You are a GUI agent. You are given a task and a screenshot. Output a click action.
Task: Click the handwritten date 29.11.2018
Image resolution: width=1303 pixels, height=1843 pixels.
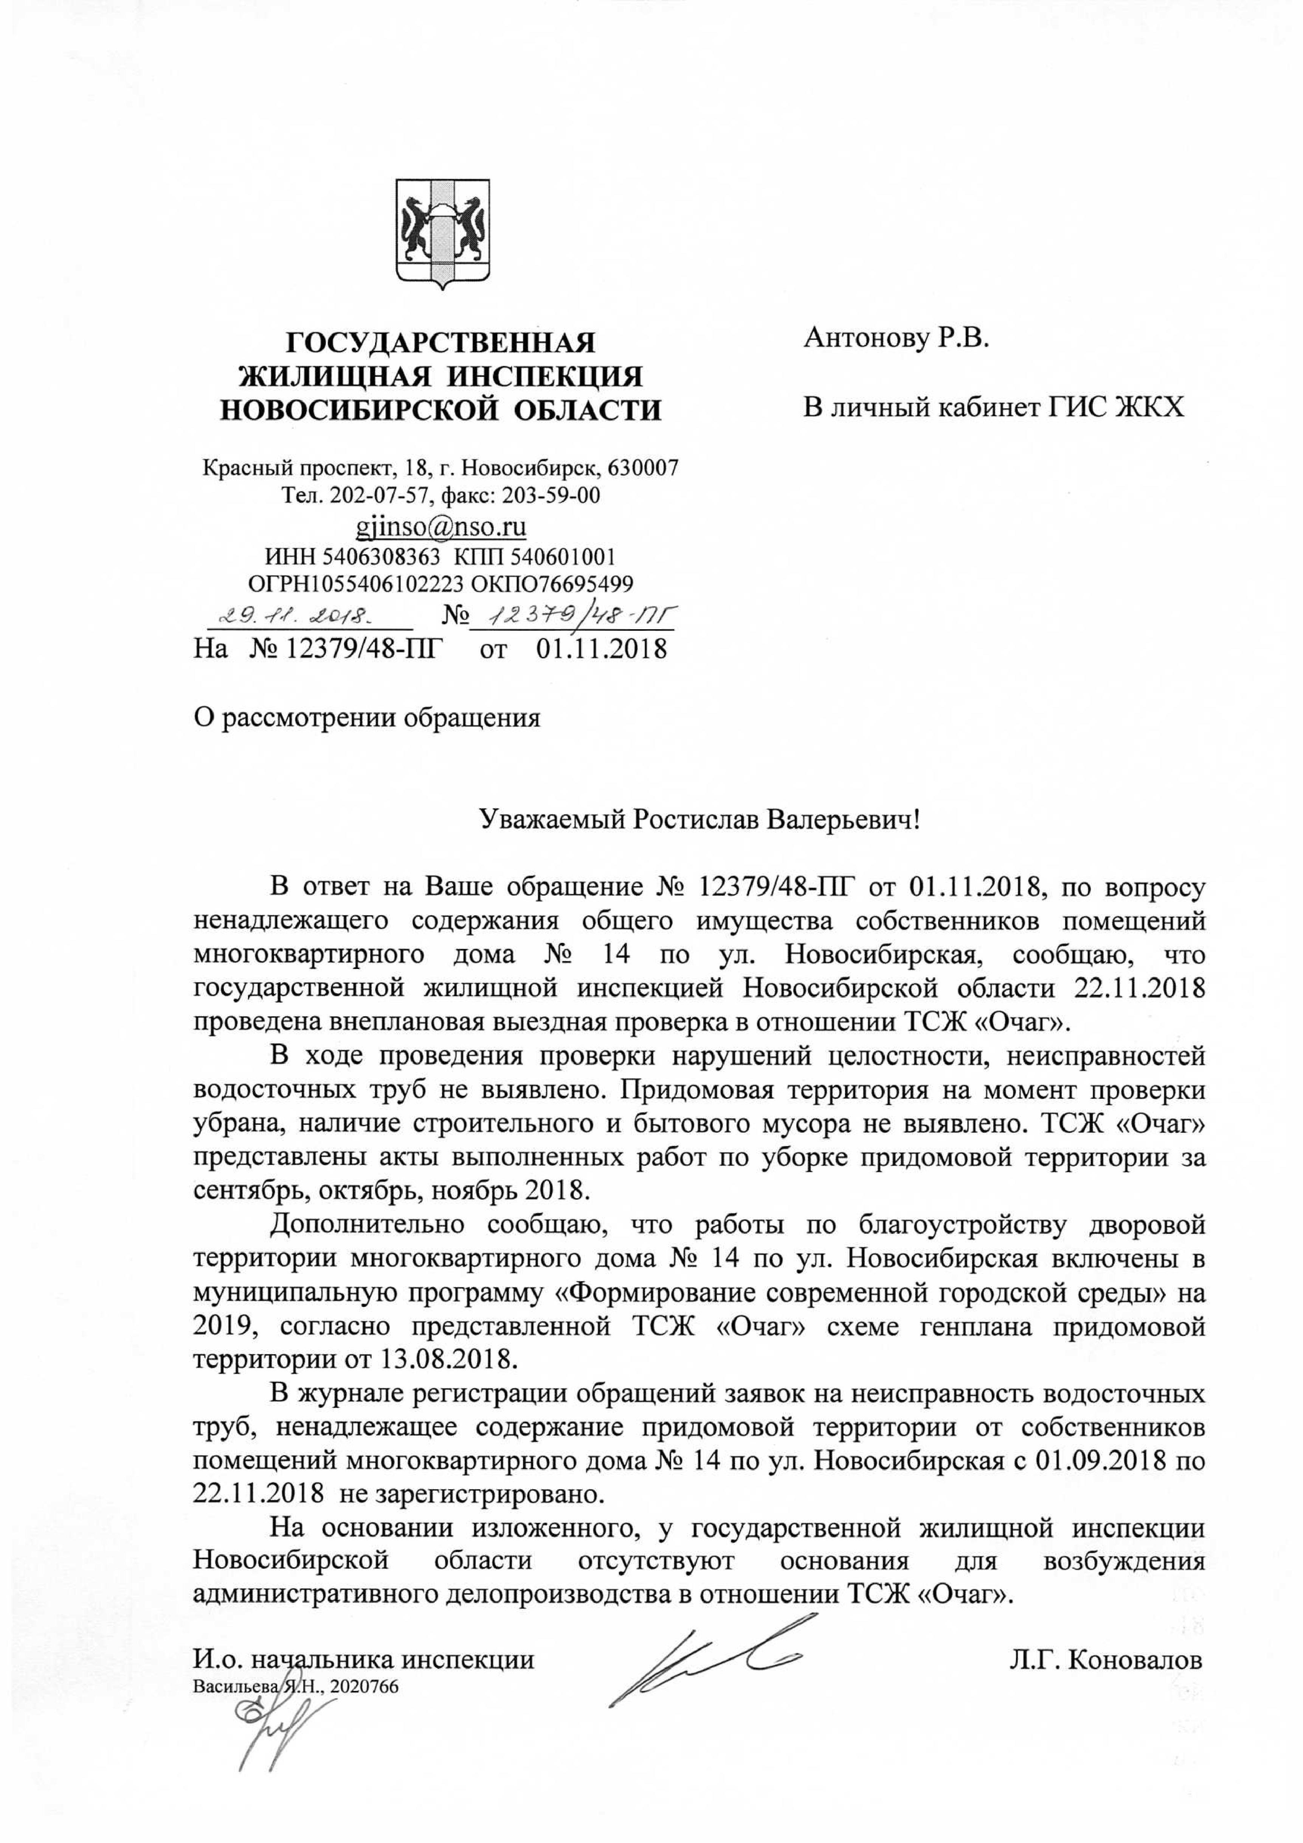pyautogui.click(x=307, y=618)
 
